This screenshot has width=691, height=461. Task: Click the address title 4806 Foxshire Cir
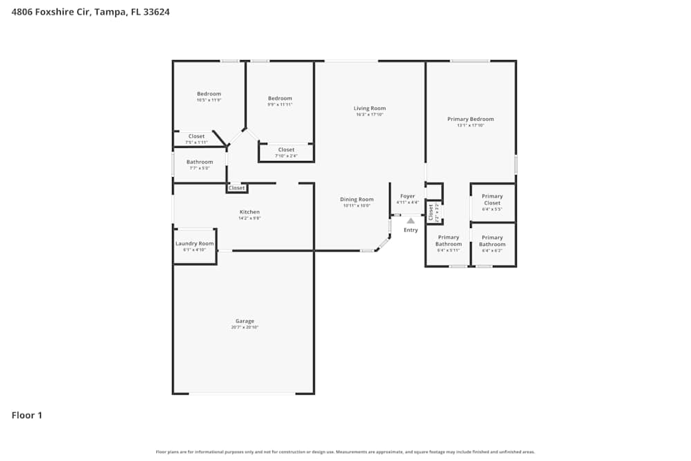coord(91,12)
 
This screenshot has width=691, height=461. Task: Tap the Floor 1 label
coord(27,415)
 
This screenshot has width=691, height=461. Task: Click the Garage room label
coord(245,321)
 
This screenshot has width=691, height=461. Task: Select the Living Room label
coord(370,109)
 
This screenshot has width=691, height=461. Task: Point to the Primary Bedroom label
coord(471,119)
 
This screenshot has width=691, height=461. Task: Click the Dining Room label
coord(357,199)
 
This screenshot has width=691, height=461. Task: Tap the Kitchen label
coord(249,211)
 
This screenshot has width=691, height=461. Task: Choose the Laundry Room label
coord(195,243)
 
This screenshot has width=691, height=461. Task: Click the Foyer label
coord(408,196)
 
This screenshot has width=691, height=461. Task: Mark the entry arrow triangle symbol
coord(410,220)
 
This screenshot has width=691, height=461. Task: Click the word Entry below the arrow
coord(410,230)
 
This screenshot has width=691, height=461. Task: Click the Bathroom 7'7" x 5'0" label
coord(200,162)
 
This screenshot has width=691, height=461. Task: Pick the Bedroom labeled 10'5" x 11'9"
coord(209,94)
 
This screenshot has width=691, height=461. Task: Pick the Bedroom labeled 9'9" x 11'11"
coord(280,98)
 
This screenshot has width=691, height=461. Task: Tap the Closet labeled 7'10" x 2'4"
coord(286,149)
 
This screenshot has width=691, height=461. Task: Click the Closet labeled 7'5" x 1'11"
coord(196,136)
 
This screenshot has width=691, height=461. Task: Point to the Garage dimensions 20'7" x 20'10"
coord(245,327)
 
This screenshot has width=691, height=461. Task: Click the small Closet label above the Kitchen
coord(237,188)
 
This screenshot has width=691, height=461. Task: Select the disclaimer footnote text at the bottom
coord(345,452)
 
